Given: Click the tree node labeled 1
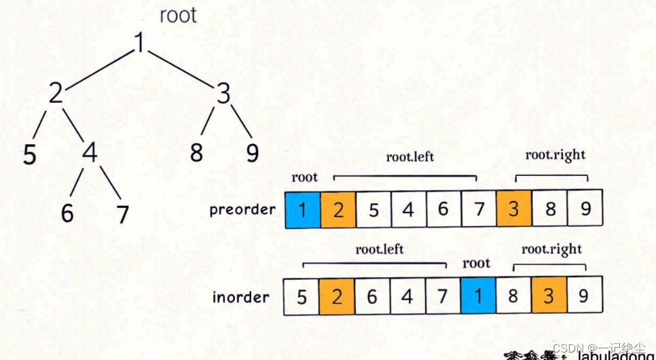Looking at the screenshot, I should (139, 43).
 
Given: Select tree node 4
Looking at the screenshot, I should (89, 153).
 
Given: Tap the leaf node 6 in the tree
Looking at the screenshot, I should (67, 213).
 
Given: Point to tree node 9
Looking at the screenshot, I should (253, 153).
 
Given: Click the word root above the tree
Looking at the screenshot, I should (178, 16).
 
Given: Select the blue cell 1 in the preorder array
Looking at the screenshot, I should (303, 209).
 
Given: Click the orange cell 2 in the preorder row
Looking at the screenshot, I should (338, 209).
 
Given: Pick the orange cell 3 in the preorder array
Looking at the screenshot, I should (514, 209).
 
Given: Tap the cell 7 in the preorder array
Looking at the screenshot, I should (479, 209).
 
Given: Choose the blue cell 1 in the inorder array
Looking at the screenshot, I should (477, 298).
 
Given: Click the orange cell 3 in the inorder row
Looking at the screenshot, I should (549, 298).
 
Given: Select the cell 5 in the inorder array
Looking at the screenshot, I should (302, 298).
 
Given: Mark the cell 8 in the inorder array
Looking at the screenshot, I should (513, 298).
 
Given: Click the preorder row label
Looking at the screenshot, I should (242, 209).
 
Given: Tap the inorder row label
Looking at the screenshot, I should (240, 298).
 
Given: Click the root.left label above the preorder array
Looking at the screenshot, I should (410, 158).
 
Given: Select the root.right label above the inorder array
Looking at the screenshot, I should (551, 249).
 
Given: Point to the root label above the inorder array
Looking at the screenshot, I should (476, 263).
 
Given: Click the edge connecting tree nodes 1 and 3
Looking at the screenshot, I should (181, 69).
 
